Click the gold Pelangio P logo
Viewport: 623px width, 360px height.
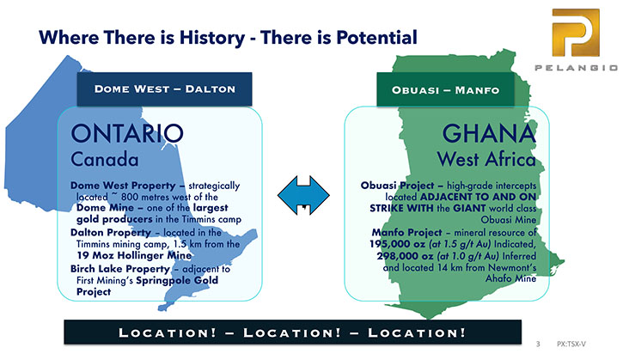tap(576, 33)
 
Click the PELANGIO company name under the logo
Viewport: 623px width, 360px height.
tap(576, 68)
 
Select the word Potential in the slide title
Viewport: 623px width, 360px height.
tap(376, 37)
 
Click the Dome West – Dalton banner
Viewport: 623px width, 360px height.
tap(164, 89)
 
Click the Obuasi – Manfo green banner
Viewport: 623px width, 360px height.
tap(445, 90)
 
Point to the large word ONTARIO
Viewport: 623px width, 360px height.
tap(127, 133)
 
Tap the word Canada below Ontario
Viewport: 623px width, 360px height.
tap(105, 159)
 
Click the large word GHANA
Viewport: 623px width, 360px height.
tap(489, 133)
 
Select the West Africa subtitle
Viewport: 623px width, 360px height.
tap(486, 159)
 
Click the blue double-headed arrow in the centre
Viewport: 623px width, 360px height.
tap(303, 196)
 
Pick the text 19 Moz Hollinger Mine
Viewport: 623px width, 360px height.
tap(134, 255)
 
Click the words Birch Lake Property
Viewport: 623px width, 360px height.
tap(120, 270)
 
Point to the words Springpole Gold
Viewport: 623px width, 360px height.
tap(177, 281)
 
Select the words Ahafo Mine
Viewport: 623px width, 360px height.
tap(511, 278)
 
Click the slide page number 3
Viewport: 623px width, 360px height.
tap(538, 345)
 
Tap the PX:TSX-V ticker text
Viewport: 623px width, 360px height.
tap(571, 345)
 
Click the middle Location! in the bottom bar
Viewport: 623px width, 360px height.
tap(292, 333)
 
